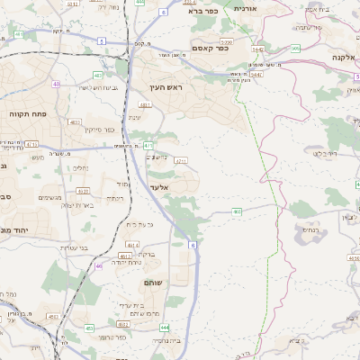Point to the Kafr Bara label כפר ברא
tap(204, 11)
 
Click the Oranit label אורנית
tap(245, 7)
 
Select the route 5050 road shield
tap(226, 41)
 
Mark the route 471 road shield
tap(148, 145)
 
